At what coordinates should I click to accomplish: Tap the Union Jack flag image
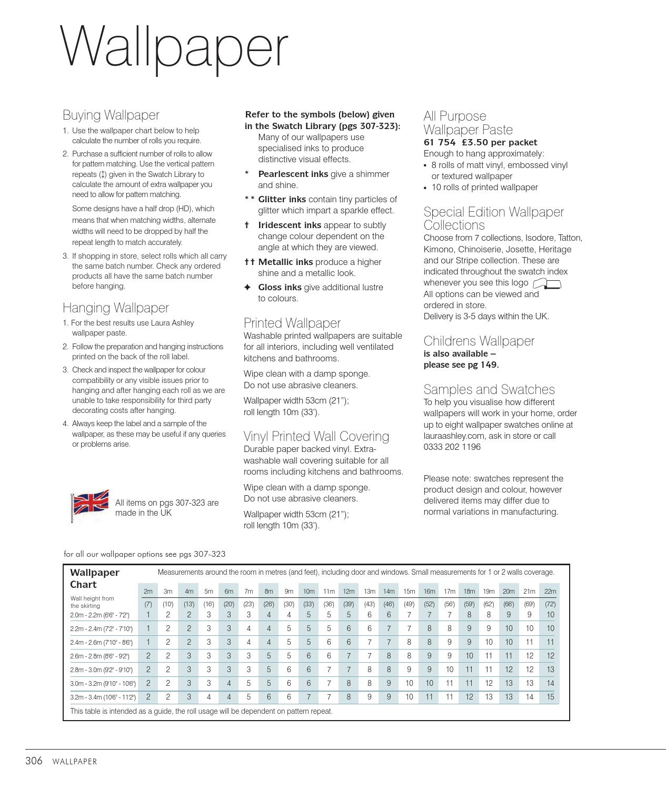click(91, 505)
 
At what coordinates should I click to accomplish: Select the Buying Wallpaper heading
click(111, 115)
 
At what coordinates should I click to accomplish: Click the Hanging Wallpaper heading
click(115, 308)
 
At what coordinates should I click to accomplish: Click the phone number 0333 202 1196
click(452, 447)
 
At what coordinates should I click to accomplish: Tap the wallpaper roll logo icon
click(547, 284)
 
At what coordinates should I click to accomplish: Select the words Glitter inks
click(282, 199)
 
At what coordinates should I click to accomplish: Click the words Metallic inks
click(285, 262)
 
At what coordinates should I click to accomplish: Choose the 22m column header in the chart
click(550, 591)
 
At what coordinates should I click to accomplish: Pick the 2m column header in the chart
click(148, 591)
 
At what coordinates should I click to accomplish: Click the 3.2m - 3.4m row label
click(103, 697)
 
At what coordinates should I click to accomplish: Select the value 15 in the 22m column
click(550, 696)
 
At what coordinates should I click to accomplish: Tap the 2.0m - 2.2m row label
click(100, 615)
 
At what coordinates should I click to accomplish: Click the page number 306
click(34, 761)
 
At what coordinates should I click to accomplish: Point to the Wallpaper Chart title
click(94, 578)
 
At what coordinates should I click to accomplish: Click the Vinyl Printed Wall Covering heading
click(316, 436)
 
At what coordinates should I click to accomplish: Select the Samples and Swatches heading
click(489, 389)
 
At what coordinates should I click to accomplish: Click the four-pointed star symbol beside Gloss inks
click(247, 287)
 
